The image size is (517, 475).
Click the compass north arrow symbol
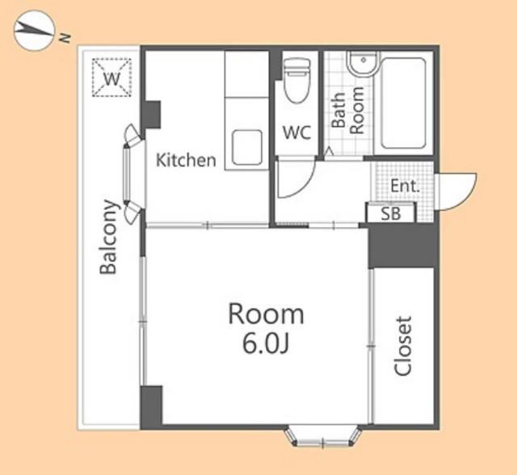[x=34, y=31]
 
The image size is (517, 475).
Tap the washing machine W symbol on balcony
[x=111, y=78]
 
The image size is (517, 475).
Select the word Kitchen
[x=186, y=160]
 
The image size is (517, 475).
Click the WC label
[x=296, y=132]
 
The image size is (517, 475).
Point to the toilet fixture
[x=296, y=80]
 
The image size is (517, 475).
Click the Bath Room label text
[x=347, y=110]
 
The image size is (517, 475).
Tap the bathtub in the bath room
[x=403, y=103]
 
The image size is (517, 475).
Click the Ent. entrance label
[x=405, y=186]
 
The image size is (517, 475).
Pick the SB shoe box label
[x=391, y=213]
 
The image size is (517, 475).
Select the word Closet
[x=403, y=346]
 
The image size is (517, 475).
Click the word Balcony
[x=108, y=237]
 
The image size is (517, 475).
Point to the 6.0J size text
[x=266, y=344]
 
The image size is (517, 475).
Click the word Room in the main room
[x=266, y=314]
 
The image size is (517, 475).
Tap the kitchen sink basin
[x=247, y=147]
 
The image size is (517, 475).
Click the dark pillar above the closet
[x=401, y=246]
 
